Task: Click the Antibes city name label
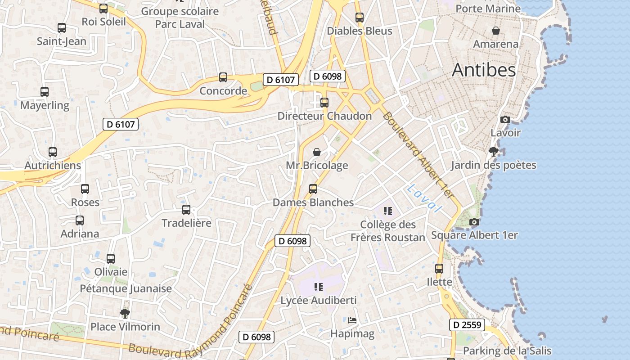[484, 70]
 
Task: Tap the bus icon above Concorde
[223, 77]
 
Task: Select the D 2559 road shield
[467, 324]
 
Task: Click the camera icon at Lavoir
[505, 119]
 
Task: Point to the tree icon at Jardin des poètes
[494, 151]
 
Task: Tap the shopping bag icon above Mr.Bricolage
[317, 152]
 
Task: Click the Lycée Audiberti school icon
[319, 287]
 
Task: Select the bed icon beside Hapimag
[352, 320]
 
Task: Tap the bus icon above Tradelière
[186, 209]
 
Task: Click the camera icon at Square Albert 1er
[474, 222]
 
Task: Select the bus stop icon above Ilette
[439, 269]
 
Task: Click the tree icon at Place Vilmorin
[125, 313]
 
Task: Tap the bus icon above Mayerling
[45, 91]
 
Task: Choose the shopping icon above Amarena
[495, 31]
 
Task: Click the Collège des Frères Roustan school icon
[388, 211]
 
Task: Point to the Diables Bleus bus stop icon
[359, 18]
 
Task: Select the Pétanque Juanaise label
[126, 288]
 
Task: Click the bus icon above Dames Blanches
[313, 189]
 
